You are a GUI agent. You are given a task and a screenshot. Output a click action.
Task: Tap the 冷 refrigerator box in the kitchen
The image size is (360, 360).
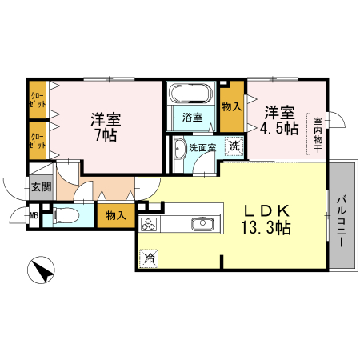tap(148, 258)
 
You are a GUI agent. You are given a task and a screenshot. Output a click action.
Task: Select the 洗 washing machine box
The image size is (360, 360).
tap(233, 146)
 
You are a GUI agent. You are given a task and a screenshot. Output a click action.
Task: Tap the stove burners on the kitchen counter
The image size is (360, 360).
tap(150, 223)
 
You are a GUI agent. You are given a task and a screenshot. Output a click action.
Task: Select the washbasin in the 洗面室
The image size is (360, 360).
tap(176, 149)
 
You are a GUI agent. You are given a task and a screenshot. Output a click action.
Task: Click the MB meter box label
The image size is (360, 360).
tap(34, 214)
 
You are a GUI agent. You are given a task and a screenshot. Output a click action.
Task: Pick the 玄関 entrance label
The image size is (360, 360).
tap(40, 188)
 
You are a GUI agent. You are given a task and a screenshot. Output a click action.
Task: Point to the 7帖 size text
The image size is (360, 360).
tap(105, 137)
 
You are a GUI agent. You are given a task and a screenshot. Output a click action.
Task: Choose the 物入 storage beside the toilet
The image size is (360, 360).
tap(115, 214)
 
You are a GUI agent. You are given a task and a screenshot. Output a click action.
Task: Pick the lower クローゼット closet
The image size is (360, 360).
tap(38, 141)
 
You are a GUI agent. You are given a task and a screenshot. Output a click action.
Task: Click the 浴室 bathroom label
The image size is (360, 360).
tap(191, 118)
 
